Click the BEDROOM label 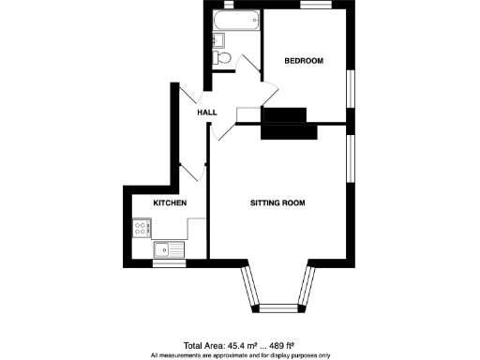pos(304,61)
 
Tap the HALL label pos(206,112)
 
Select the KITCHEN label pos(171,203)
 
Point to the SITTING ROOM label pos(277,203)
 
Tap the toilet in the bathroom pos(223,59)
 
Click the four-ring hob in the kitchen pos(142,226)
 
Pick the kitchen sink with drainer pos(169,249)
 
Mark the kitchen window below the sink pos(169,263)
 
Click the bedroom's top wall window pos(314,6)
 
